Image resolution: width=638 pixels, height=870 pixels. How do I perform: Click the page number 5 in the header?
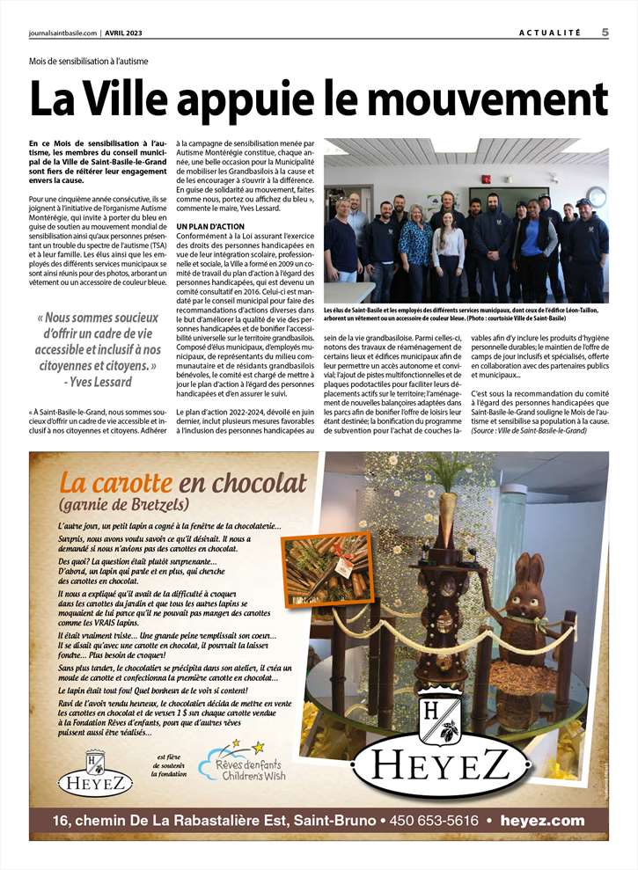pos(606,33)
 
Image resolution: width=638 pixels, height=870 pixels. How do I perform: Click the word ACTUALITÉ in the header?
pos(550,33)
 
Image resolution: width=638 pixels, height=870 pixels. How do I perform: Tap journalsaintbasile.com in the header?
pos(60,33)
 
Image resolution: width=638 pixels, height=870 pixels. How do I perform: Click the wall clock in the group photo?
pos(597,195)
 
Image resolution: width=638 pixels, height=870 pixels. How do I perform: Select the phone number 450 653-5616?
pos(437,820)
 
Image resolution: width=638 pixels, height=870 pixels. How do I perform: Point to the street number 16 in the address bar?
pos(62,820)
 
